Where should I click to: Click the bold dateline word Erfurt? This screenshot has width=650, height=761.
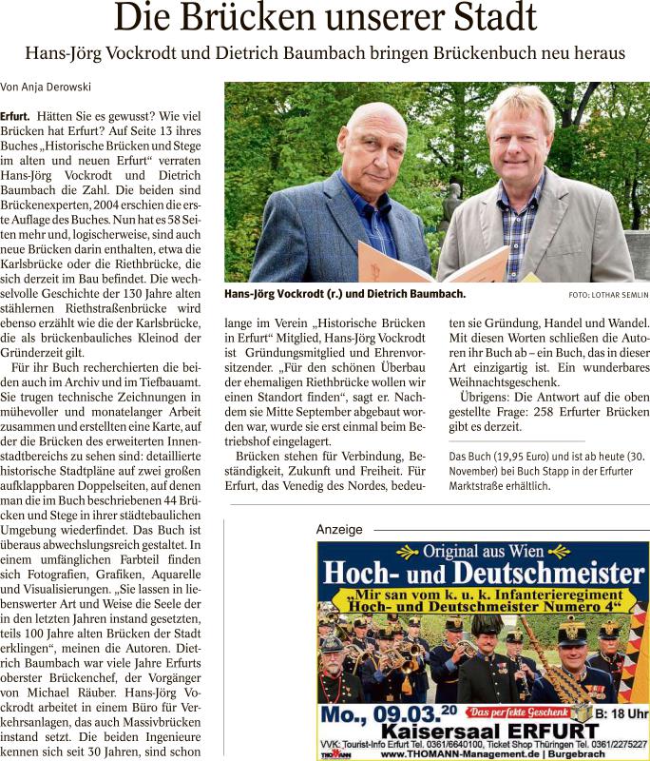tap(26, 114)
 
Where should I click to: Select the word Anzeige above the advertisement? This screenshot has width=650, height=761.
tap(339, 530)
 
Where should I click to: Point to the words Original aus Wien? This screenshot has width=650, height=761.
tap(482, 553)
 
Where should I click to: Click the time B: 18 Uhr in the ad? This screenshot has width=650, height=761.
tap(623, 712)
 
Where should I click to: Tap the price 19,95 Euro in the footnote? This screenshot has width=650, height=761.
tap(522, 456)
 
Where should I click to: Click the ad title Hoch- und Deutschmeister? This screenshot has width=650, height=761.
tap(482, 576)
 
